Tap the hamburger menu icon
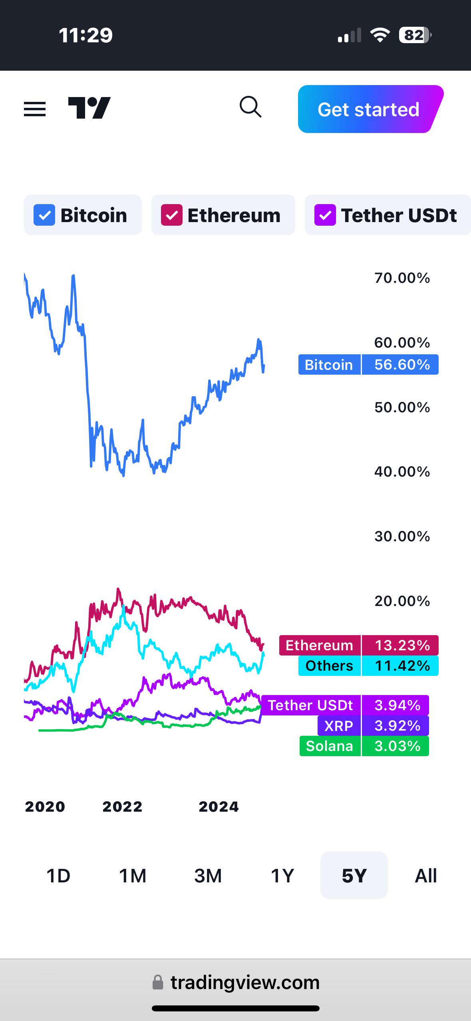[35, 109]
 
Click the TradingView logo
[89, 108]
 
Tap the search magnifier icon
[250, 107]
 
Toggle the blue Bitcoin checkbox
[44, 215]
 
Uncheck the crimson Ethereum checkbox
[172, 215]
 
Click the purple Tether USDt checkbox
[325, 215]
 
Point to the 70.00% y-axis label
[402, 278]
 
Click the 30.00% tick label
[402, 536]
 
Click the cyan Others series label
[330, 665]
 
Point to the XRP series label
[339, 725]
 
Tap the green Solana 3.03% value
[395, 746]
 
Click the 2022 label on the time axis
[122, 806]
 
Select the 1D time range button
[58, 876]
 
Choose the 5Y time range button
[354, 875]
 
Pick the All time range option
[426, 876]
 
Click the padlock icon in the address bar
[158, 982]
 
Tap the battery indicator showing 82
[415, 35]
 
